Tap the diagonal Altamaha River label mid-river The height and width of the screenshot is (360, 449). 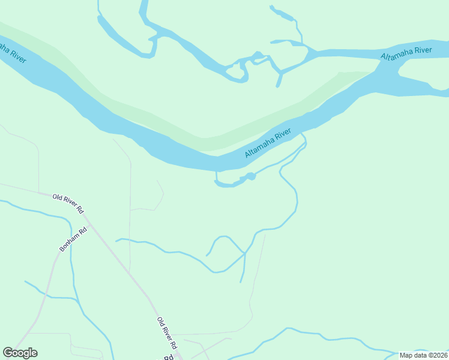click(268, 143)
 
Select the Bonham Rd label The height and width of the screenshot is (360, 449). click(73, 239)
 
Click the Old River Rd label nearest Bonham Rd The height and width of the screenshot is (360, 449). click(67, 203)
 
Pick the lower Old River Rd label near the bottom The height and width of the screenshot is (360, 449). click(167, 334)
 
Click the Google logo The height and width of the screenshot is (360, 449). click(20, 353)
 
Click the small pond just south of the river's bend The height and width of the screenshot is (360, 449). click(250, 176)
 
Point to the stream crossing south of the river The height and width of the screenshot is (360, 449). click(244, 254)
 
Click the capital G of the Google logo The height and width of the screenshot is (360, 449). click(8, 353)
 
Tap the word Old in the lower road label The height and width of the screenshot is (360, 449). click(160, 322)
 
